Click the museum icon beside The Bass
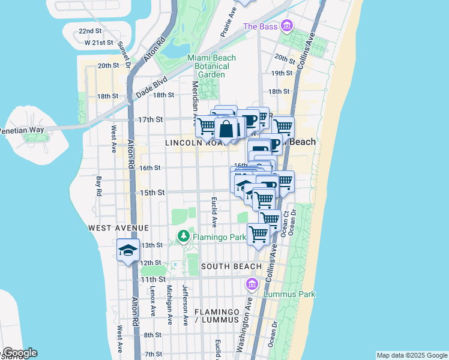pos(287,26)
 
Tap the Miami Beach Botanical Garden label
pos(211,66)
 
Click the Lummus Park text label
pos(288,294)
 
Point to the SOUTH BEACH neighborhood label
pos(231,266)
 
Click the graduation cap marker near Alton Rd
pos(128,250)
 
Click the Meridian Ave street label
pos(194,103)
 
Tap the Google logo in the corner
pos(20,353)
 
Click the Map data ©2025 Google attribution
pos(411,355)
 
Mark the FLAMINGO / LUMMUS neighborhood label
pos(216,317)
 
